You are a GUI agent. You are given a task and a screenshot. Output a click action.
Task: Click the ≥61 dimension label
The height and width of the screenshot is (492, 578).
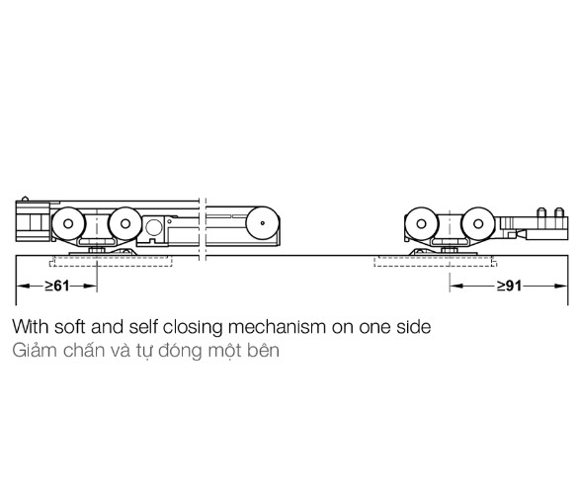[x=57, y=286]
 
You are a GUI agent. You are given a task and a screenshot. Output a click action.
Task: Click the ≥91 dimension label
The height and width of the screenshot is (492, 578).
[x=509, y=286]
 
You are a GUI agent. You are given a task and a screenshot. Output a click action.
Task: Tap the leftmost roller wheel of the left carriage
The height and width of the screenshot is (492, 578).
[x=68, y=223]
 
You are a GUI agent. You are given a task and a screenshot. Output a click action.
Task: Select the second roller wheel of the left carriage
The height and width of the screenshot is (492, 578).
[x=125, y=223]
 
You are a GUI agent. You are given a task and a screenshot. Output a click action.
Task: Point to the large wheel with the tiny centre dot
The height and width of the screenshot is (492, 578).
[x=263, y=223]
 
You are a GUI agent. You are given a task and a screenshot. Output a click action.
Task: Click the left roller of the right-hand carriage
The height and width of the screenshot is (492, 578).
[x=421, y=223]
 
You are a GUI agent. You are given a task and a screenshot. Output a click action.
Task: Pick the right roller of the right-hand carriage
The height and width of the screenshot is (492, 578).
[x=478, y=223]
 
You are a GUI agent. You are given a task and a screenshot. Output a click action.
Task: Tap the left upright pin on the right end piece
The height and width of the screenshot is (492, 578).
[x=541, y=212]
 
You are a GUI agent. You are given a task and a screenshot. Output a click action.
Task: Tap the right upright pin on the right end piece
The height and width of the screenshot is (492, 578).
[x=559, y=212]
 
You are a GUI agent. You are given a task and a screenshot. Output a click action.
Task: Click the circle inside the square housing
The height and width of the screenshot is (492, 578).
[x=154, y=227]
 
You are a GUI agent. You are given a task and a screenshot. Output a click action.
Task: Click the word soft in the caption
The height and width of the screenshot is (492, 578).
[x=70, y=327]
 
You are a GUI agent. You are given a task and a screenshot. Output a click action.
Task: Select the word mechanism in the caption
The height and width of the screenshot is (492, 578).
[x=277, y=327]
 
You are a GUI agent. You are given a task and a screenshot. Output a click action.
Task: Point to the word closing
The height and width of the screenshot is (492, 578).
[x=193, y=328]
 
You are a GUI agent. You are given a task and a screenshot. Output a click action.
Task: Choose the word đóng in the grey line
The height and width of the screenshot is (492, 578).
[x=181, y=352]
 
